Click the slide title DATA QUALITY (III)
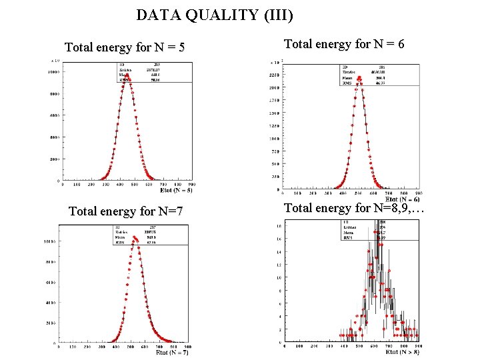pyautogui.click(x=214, y=14)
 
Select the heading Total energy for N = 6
pyautogui.click(x=344, y=44)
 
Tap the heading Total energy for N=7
pyautogui.click(x=126, y=211)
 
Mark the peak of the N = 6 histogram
pyautogui.click(x=359, y=78)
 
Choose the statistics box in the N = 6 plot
pyautogui.click(x=379, y=74)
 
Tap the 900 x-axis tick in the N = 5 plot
pyautogui.click(x=191, y=185)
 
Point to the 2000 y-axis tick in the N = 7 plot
pyautogui.click(x=51, y=323)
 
